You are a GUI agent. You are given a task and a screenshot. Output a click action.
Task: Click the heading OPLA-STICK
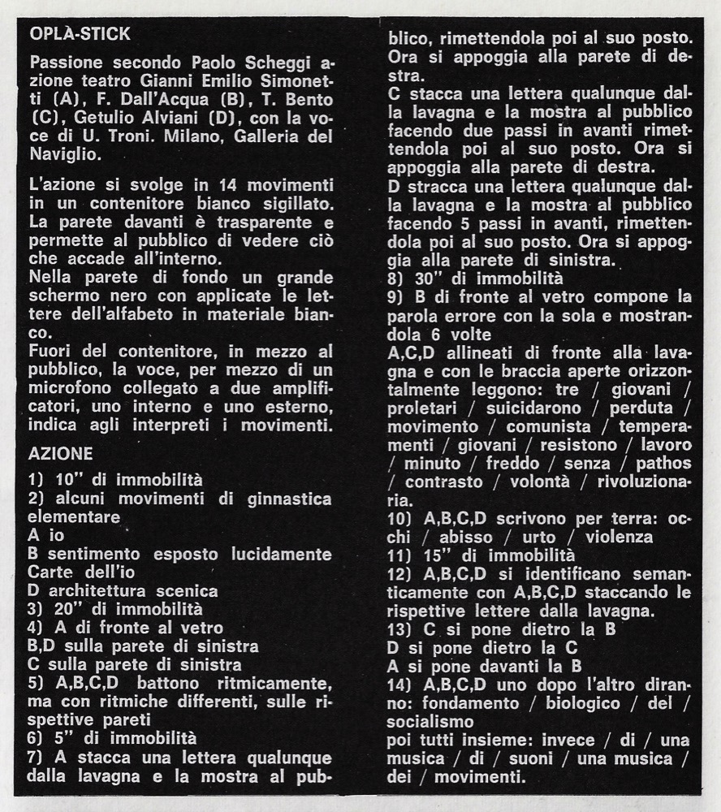pos(79,35)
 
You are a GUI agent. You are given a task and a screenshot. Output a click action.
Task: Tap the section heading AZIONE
pos(61,454)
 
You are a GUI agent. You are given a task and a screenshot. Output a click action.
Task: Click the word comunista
pos(549,426)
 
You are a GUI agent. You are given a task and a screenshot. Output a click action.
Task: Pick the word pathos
pos(663,464)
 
